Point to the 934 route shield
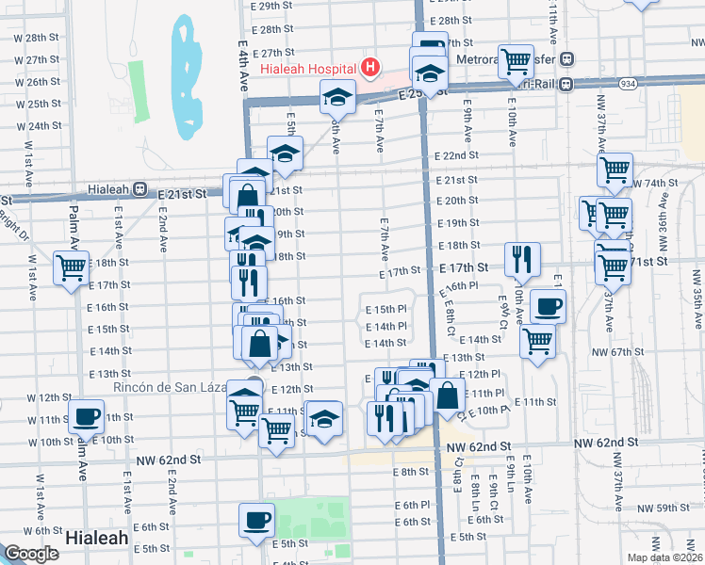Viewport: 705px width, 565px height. pos(627,83)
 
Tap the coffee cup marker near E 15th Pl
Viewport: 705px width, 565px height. pos(548,306)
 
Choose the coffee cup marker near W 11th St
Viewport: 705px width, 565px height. pos(87,415)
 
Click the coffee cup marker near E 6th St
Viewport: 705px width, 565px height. pos(256,520)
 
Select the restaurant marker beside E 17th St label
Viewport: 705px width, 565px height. pos(521,257)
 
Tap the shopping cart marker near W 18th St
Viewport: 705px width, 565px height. pos(72,267)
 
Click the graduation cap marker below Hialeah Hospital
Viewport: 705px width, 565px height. pos(337,96)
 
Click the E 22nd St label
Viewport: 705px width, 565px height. pos(456,155)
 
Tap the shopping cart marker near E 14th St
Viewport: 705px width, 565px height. pos(537,341)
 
